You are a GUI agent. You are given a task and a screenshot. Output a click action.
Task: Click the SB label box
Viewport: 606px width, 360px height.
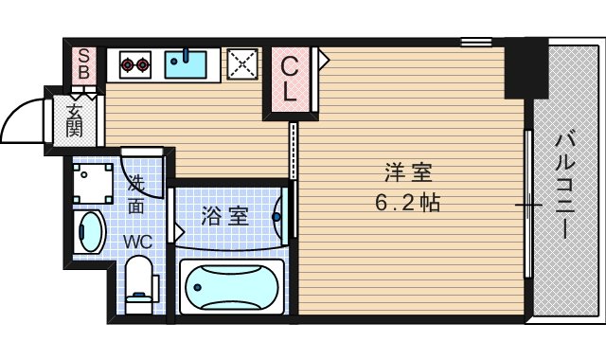[x=84, y=64]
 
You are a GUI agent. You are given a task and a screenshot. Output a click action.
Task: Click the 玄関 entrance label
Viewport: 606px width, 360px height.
[x=75, y=119]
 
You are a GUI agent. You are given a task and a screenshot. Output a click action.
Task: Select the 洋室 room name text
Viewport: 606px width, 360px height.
[x=408, y=174]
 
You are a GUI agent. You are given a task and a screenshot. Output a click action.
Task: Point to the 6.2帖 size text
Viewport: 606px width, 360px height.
[x=408, y=203]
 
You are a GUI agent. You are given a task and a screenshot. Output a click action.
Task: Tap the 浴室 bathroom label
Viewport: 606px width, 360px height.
[x=225, y=216]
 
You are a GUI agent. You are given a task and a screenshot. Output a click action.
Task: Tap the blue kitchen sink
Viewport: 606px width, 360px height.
[x=188, y=64]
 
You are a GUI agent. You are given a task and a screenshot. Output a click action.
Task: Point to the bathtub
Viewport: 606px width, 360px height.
[x=230, y=282]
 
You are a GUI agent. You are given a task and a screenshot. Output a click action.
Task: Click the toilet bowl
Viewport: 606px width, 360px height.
[x=139, y=287]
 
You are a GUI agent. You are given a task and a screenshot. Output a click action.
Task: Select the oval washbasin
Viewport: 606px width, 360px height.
[x=90, y=231]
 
